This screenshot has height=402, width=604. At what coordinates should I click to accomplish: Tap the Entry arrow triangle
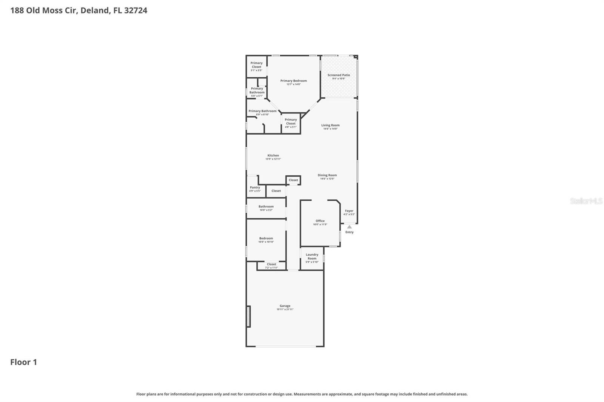[x=350, y=227]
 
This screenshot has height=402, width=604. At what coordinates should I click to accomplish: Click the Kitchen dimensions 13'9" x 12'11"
[x=273, y=159]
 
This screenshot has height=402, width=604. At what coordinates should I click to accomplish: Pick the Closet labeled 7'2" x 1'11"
[x=271, y=266]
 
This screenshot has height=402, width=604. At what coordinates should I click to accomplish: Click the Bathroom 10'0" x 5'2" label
[x=266, y=208]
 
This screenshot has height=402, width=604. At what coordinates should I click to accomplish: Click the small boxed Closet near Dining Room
[x=293, y=180]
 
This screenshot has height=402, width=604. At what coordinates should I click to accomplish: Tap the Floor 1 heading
[x=23, y=362]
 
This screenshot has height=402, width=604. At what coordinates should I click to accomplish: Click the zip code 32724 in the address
[x=136, y=10]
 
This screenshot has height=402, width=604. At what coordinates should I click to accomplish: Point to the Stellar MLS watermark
[x=586, y=201]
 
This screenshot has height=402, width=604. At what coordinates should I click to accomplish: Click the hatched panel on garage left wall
[x=248, y=316]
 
